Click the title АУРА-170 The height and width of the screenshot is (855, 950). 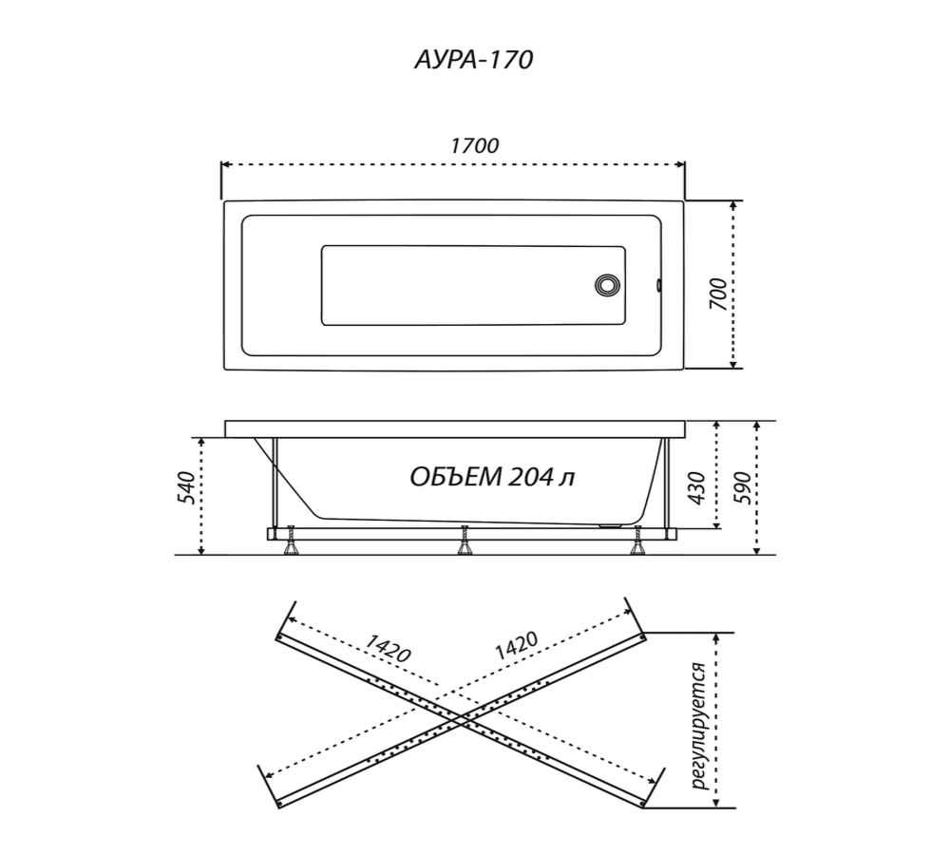473,60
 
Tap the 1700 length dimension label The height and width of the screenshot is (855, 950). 474,146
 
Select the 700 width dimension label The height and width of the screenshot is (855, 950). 718,294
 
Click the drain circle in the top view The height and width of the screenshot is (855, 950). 608,285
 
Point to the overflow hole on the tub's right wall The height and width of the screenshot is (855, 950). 658,285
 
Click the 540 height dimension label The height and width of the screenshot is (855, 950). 186,486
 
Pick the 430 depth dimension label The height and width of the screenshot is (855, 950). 697,487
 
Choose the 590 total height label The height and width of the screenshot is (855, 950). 742,487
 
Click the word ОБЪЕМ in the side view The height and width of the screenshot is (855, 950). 456,477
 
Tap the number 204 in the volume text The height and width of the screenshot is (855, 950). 530,478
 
